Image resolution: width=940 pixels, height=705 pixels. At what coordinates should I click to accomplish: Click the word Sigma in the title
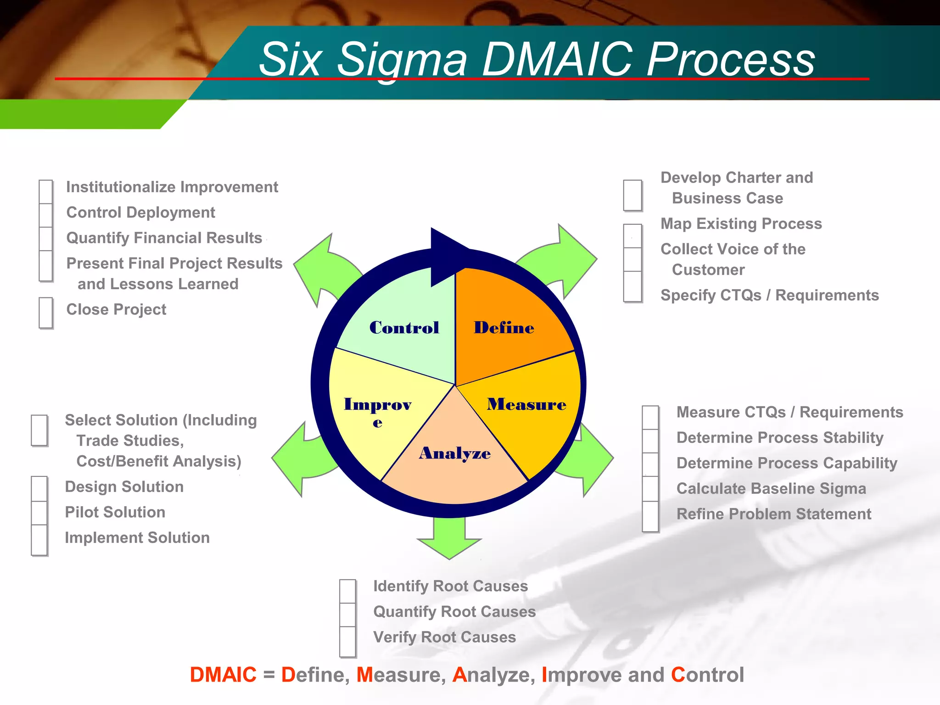coord(402,60)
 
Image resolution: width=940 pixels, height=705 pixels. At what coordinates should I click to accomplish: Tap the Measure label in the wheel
coord(526,404)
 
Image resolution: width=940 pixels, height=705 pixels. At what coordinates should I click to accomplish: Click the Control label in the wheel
coord(404,328)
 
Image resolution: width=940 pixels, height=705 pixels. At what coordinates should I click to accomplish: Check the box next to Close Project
coord(46,313)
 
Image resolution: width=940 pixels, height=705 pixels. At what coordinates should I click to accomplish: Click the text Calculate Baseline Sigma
coord(771,488)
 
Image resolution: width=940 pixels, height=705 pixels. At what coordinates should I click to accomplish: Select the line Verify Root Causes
coord(444,637)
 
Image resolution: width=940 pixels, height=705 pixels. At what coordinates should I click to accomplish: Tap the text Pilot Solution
coord(115,512)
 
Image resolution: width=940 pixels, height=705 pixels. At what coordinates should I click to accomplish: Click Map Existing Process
coord(741,224)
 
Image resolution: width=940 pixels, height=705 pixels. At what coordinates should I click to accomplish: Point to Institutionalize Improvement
coord(172,187)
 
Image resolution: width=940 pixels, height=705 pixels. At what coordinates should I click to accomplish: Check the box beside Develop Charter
coord(632,196)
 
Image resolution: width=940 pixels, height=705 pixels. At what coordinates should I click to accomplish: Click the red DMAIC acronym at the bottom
coord(223,675)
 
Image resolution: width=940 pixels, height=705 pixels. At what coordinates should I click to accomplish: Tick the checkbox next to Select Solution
coord(39,430)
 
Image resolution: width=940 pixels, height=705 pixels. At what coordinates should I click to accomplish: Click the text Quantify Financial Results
coord(164,238)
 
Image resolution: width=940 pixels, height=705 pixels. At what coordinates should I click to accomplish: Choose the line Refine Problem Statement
coord(774,514)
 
